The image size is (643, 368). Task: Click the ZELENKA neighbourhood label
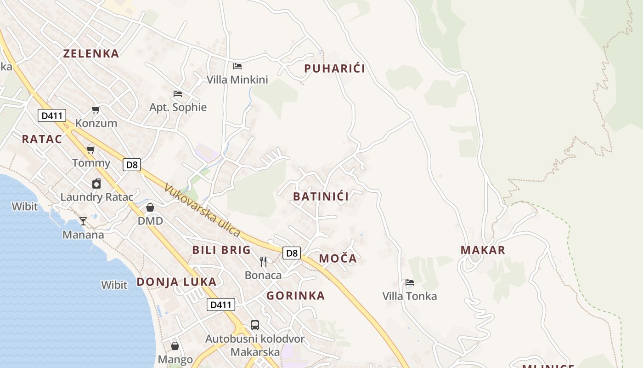(91, 53)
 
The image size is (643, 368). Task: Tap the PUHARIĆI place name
(334, 69)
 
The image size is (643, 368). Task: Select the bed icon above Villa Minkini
(237, 66)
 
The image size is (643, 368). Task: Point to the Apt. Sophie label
(178, 107)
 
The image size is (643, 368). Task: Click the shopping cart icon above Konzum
(96, 109)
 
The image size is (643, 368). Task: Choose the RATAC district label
(42, 139)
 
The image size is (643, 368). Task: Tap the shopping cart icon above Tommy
(91, 149)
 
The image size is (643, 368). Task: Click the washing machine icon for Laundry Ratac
(96, 184)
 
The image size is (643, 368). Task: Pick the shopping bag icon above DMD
(150, 207)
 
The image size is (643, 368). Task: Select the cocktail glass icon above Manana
(83, 221)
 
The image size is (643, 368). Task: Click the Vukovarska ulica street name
(202, 211)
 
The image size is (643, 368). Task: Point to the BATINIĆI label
(321, 196)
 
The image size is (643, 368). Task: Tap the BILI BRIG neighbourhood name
(221, 250)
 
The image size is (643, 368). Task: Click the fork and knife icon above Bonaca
(263, 262)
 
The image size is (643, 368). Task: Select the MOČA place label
(338, 259)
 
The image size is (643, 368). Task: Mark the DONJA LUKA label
(176, 282)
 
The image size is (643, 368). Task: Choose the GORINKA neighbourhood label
(295, 295)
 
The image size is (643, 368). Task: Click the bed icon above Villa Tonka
(410, 282)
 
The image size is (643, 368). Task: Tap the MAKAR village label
(483, 250)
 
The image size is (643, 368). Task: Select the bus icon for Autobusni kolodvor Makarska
(255, 325)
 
